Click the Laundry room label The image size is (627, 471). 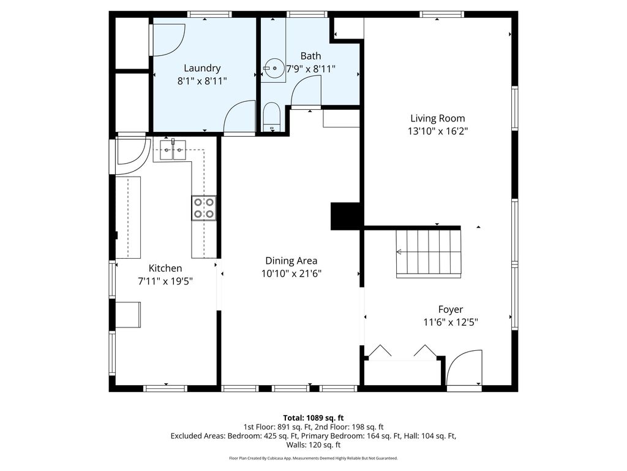point(202,68)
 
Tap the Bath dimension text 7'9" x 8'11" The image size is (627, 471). point(310,69)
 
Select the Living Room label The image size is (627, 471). point(437,118)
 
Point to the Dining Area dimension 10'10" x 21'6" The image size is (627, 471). point(291,274)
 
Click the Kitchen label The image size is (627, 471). point(165,268)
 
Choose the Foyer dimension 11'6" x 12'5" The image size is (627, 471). point(450,322)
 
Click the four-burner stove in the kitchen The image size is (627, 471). point(205,207)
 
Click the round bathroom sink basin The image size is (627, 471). point(274,69)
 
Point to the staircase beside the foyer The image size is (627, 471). point(428,253)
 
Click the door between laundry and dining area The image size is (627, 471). point(240,118)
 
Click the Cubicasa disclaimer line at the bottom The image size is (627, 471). point(313,458)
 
